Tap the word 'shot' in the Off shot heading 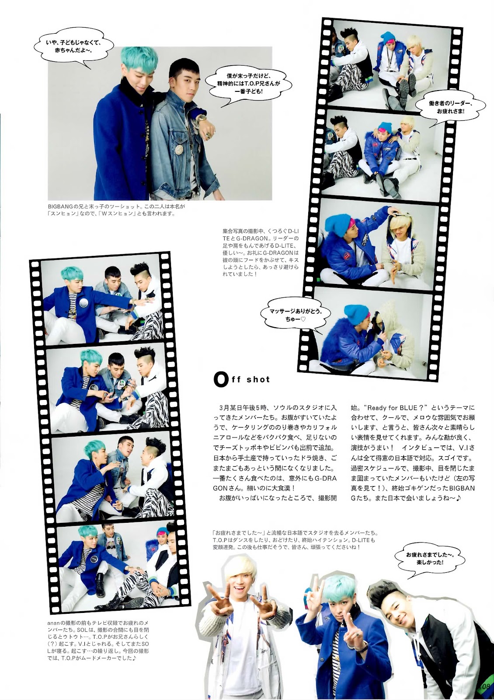[258, 379]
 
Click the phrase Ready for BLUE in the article [392, 408]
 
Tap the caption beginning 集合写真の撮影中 [261, 253]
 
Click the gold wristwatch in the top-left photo [202, 119]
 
